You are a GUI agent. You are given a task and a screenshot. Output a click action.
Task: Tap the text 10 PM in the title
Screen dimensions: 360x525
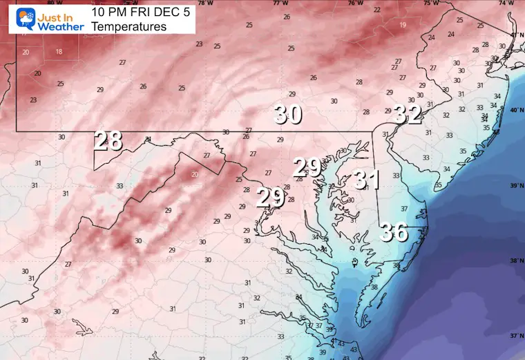point(106,11)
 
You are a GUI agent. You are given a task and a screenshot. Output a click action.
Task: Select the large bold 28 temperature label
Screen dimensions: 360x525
point(108,141)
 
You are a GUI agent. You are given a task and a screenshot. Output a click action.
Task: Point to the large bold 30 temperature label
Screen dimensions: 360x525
point(287,114)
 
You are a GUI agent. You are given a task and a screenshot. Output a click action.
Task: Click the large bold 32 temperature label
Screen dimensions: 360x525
point(408,114)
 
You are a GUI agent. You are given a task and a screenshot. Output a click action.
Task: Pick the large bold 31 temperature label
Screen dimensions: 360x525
point(367,180)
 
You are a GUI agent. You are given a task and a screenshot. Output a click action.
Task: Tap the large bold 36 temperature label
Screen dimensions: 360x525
point(394,232)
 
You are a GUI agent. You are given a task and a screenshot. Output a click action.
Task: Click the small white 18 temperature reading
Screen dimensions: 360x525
point(59,52)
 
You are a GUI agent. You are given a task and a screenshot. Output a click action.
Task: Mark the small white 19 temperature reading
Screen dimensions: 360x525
point(402,26)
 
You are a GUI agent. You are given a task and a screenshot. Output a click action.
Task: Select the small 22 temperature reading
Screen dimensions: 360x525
point(376,10)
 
